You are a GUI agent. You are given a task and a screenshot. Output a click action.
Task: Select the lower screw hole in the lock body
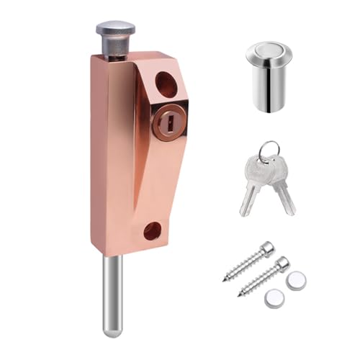pyautogui.click(x=153, y=231)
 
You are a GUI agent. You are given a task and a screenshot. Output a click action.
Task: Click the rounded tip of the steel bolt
pyautogui.click(x=111, y=330)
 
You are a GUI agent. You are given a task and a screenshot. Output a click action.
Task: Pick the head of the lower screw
pyautogui.click(x=282, y=264)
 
